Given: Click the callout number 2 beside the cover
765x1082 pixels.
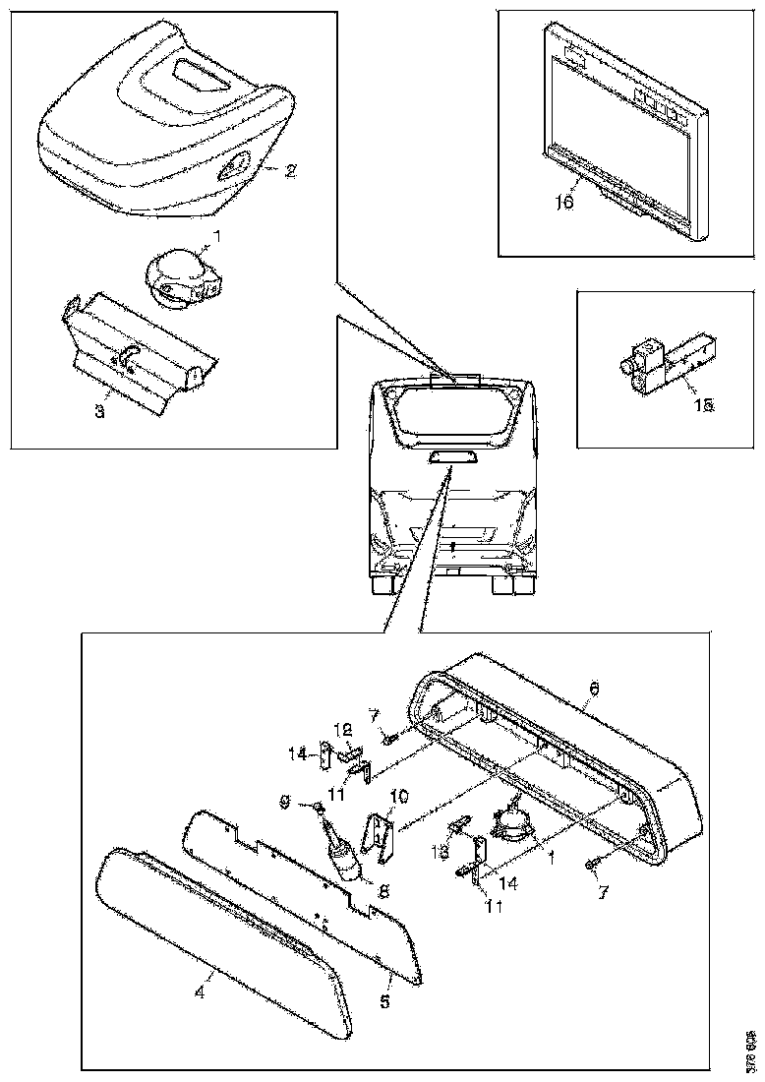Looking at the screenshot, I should (291, 170).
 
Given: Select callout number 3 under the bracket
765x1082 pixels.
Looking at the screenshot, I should (99, 411).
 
